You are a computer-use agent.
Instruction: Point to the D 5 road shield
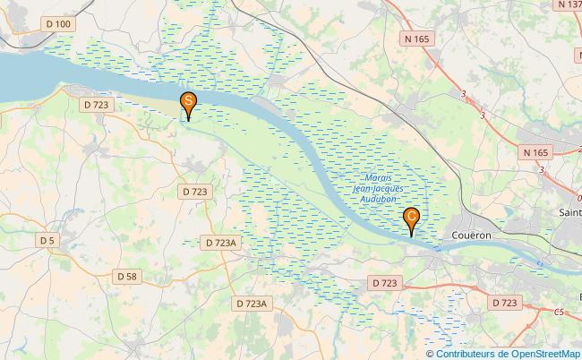pos(47,240)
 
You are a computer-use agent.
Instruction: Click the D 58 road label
pos(126,277)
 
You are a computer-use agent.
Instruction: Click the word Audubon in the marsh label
pos(376,199)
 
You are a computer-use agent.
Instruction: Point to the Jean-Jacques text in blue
pos(378,188)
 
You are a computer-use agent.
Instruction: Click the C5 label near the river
pos(559,312)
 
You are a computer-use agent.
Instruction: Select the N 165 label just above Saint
pos(536,153)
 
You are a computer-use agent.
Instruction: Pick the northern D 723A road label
pos(221,243)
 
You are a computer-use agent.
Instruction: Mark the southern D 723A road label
pos(252,304)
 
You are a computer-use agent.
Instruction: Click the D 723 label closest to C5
pos(505,304)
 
